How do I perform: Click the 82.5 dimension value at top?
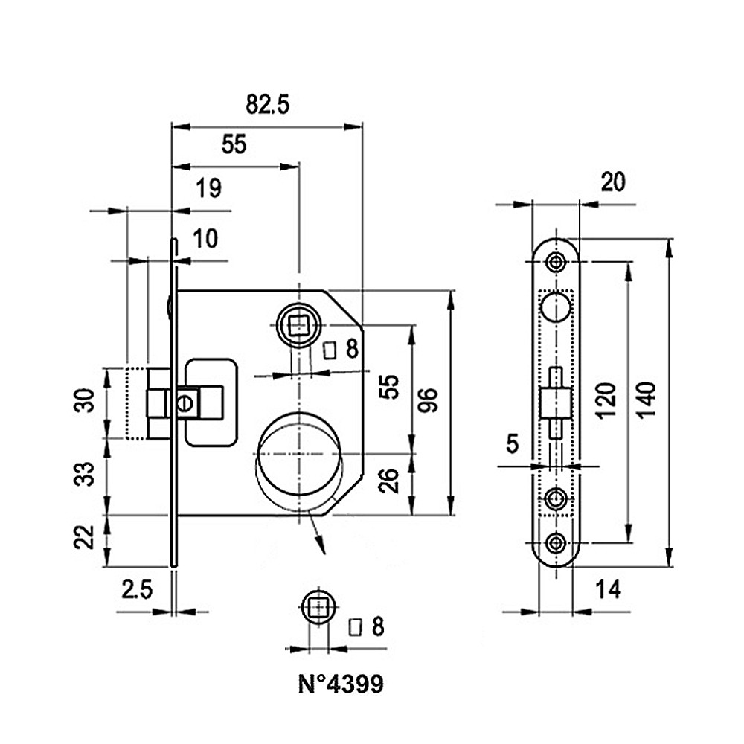pyautogui.click(x=268, y=104)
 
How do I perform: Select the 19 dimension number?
pyautogui.click(x=209, y=188)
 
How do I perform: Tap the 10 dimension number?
pyautogui.click(x=205, y=238)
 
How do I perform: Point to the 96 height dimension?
pyautogui.click(x=429, y=400)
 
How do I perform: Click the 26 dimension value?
pyautogui.click(x=389, y=481)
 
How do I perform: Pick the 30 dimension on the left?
pyautogui.click(x=86, y=400)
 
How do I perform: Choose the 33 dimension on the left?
pyautogui.click(x=86, y=474)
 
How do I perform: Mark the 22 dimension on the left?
pyautogui.click(x=86, y=537)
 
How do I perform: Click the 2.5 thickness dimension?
pyautogui.click(x=138, y=590)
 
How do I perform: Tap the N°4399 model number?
pyautogui.click(x=341, y=684)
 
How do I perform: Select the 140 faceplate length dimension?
pyautogui.click(x=646, y=400)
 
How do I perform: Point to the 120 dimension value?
pyautogui.click(x=606, y=400)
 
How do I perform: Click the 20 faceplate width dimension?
pyautogui.click(x=613, y=182)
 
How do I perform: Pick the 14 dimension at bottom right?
pyautogui.click(x=609, y=590)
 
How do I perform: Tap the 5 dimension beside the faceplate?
pyautogui.click(x=513, y=444)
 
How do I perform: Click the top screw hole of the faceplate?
pyautogui.click(x=556, y=261)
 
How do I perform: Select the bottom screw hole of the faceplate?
pyautogui.click(x=556, y=542)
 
